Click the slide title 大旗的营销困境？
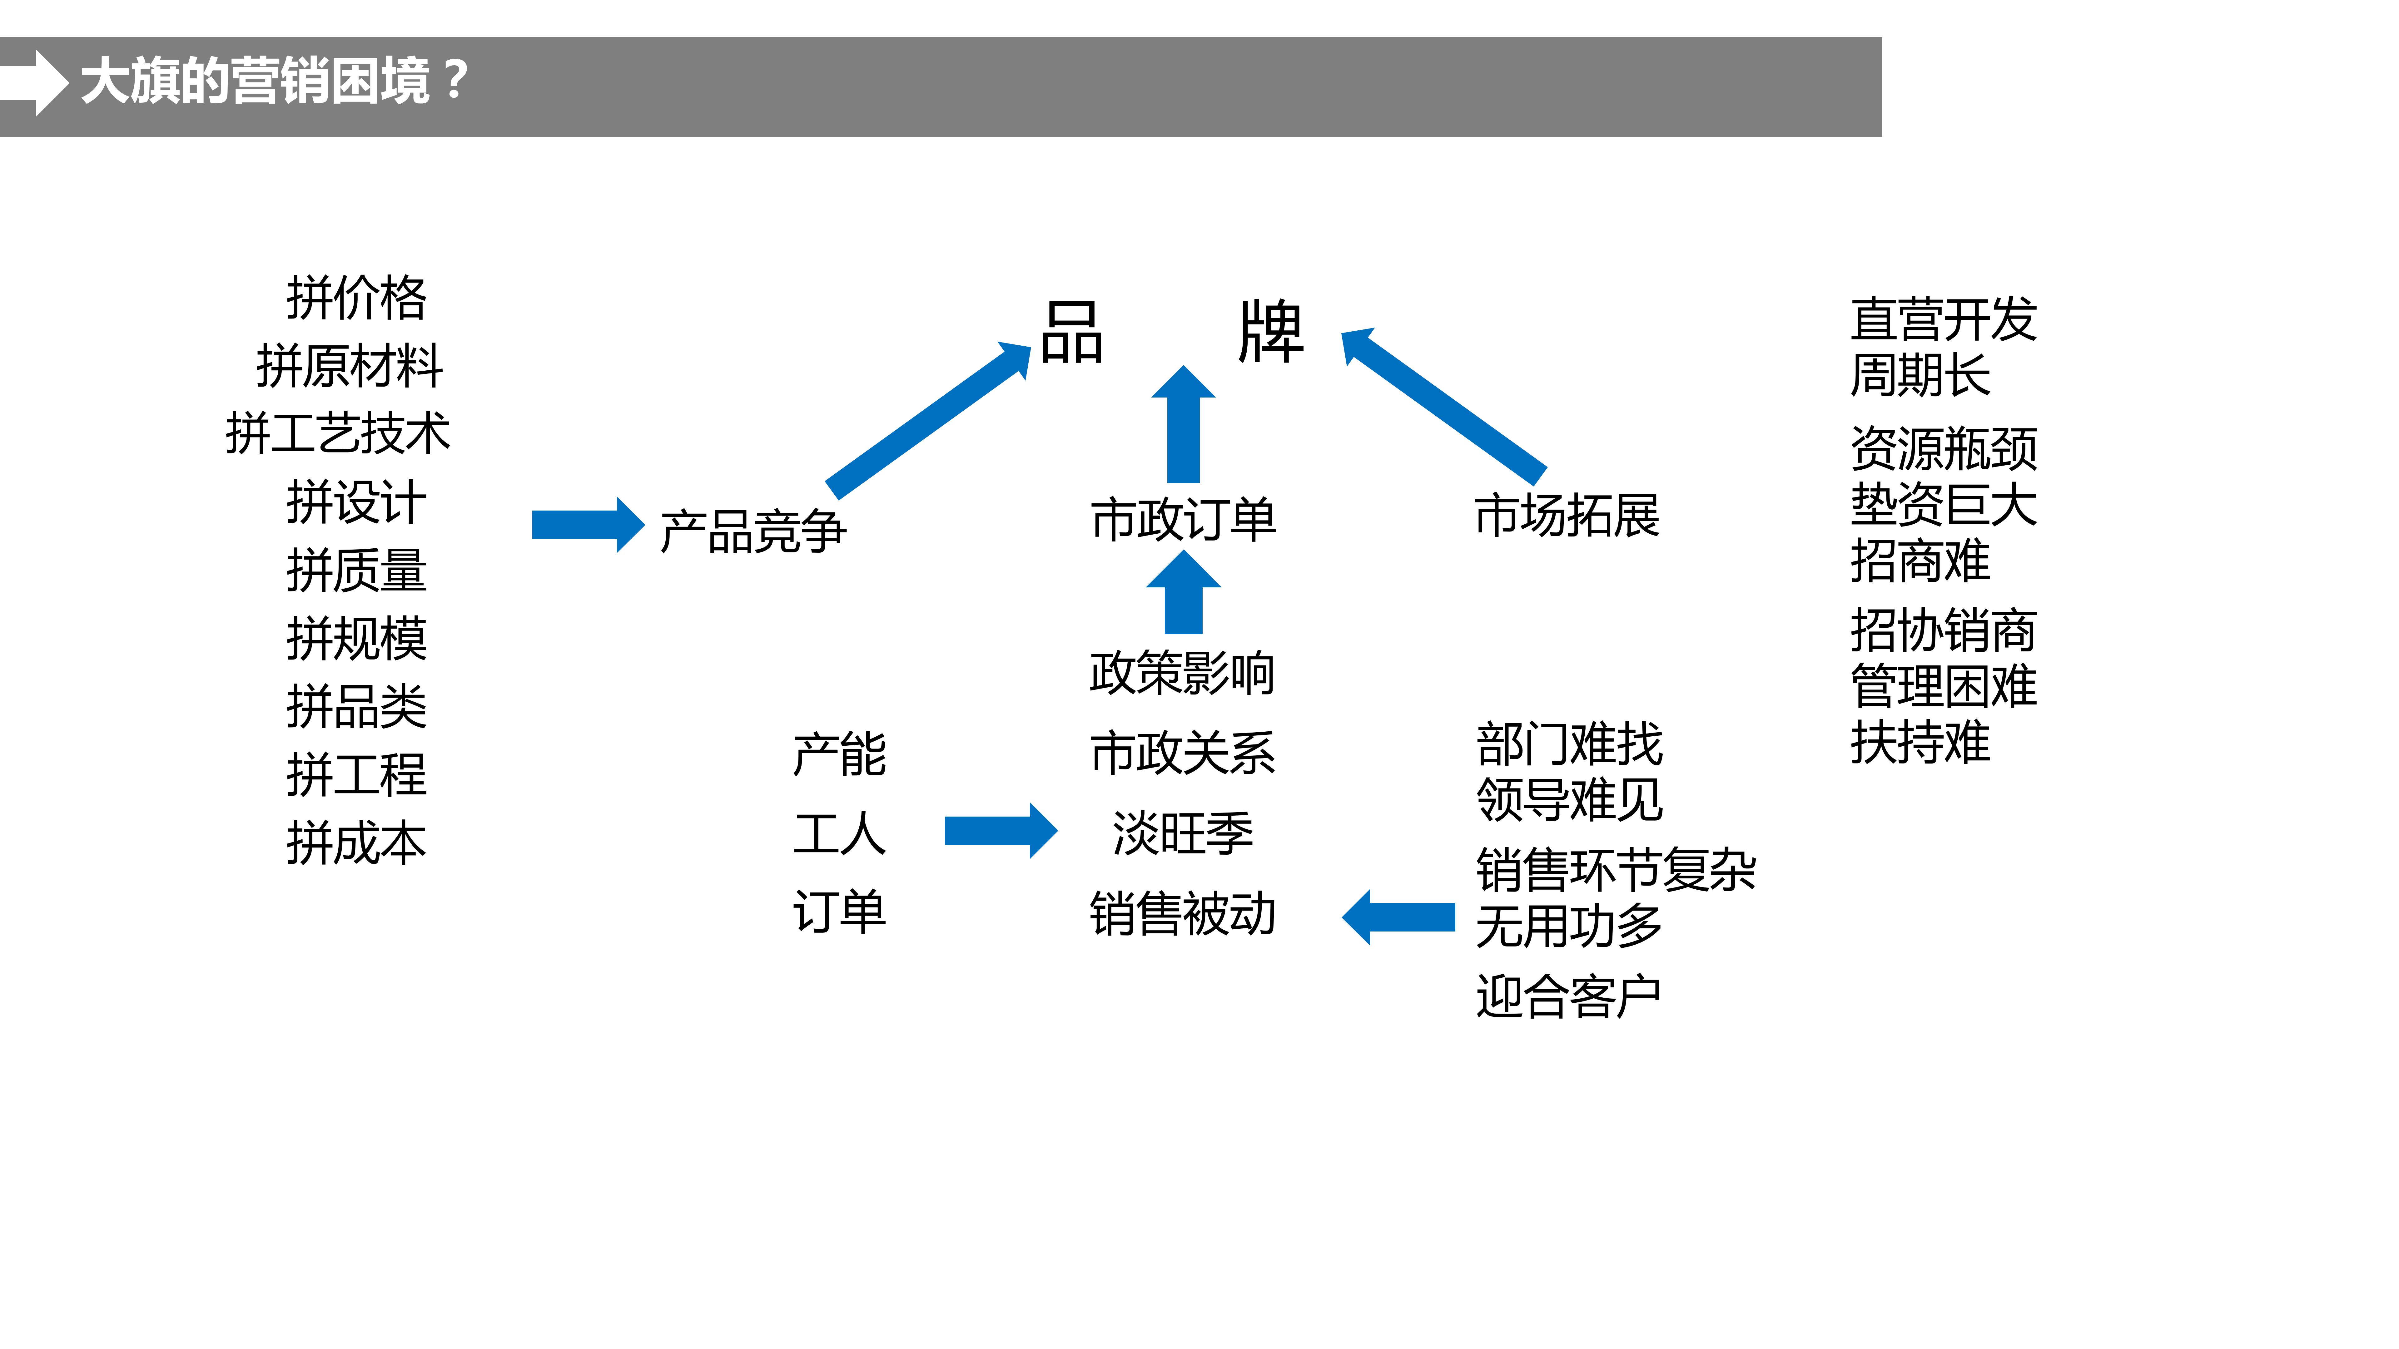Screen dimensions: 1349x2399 point(275,81)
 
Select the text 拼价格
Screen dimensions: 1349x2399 point(356,298)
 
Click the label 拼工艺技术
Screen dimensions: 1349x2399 point(337,434)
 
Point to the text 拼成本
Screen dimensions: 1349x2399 point(356,843)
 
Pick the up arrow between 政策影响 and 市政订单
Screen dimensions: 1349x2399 point(1183,593)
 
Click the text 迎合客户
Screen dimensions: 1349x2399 point(1568,996)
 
